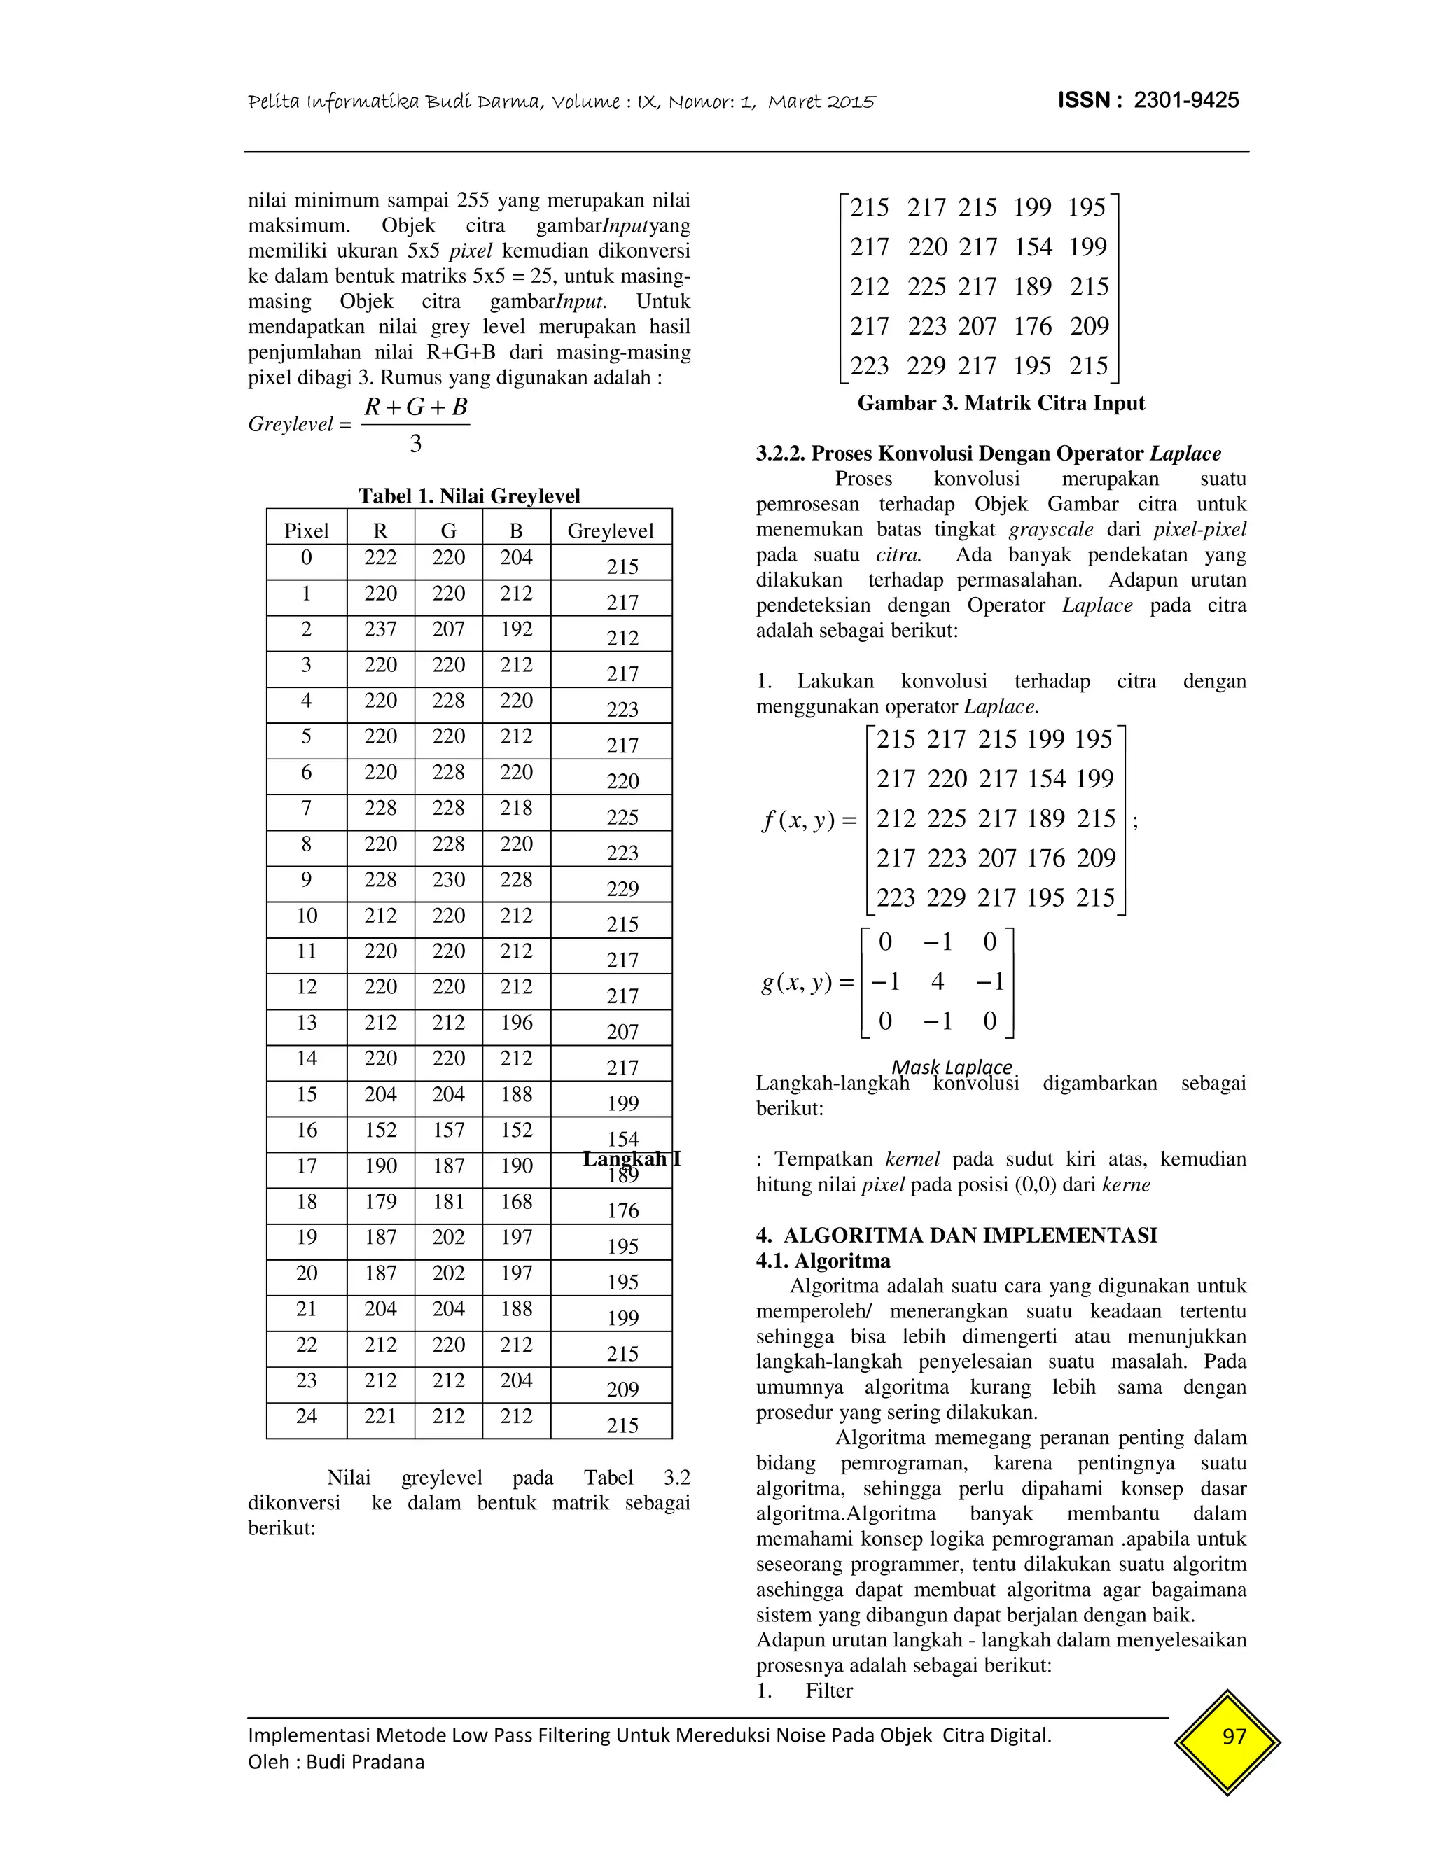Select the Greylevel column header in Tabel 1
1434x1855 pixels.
point(610,531)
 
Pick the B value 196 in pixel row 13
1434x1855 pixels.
point(515,1023)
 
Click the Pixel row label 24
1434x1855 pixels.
point(306,1416)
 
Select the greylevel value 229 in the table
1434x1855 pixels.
point(622,889)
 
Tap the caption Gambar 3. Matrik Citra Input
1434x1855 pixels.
point(1001,403)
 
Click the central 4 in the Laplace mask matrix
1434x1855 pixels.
point(937,982)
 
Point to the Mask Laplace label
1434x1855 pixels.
point(952,1067)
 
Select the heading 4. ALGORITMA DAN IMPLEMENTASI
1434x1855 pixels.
point(956,1235)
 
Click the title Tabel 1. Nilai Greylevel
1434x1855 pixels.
point(469,496)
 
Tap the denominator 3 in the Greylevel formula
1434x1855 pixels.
point(415,443)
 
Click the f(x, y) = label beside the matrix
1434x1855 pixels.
point(809,820)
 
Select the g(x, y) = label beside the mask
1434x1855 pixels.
point(807,983)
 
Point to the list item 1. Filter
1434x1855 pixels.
point(805,1690)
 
